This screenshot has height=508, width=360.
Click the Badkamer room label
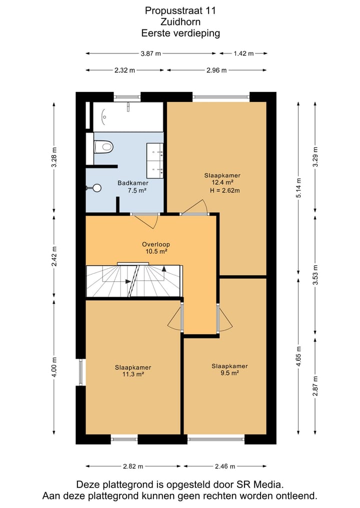(x=133, y=183)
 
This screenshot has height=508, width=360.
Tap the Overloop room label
(x=156, y=244)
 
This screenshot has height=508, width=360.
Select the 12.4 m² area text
(x=222, y=182)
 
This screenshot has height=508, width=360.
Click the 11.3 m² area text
(x=133, y=374)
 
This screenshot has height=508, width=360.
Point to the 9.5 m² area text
(x=229, y=373)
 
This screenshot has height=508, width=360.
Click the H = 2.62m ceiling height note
(x=225, y=190)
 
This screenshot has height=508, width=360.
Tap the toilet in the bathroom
(x=103, y=147)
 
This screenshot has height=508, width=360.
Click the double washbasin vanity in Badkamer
(x=154, y=160)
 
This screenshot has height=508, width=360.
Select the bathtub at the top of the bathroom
(x=128, y=117)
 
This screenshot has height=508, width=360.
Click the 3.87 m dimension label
(x=150, y=53)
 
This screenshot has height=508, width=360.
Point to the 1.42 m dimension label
(x=243, y=53)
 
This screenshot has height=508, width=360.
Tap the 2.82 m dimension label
(x=133, y=466)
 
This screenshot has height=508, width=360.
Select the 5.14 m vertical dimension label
(x=299, y=188)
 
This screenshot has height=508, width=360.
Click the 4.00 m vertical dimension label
(x=54, y=367)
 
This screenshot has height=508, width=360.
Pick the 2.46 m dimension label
(x=225, y=466)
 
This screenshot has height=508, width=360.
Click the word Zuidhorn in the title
(x=180, y=21)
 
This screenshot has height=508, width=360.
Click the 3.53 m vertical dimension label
(x=315, y=275)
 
